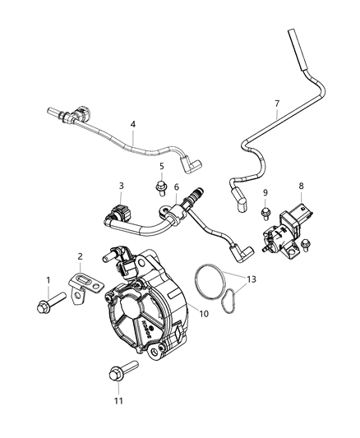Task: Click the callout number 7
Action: pyautogui.click(x=277, y=104)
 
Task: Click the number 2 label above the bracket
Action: pyautogui.click(x=79, y=256)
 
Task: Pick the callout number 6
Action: pyautogui.click(x=176, y=188)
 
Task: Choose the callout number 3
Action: pyautogui.click(x=121, y=186)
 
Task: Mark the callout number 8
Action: pyautogui.click(x=301, y=187)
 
